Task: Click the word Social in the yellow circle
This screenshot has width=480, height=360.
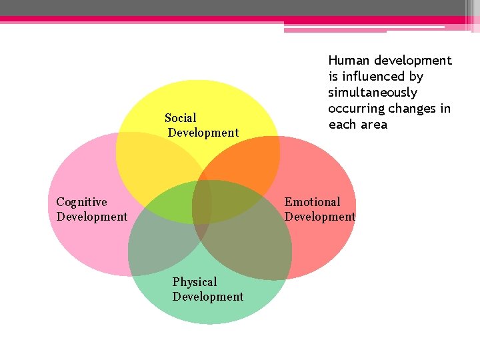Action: tap(181, 118)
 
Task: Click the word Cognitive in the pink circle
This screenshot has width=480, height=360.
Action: tap(81, 202)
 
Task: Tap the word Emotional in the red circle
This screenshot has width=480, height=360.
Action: tap(312, 202)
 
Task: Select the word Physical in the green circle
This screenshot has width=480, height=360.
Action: tap(195, 282)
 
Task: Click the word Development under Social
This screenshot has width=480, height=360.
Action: tap(203, 133)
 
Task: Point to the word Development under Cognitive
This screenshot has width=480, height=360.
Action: tap(92, 217)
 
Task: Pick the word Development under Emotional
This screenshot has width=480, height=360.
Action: tap(320, 217)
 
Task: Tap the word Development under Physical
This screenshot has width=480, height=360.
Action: tap(208, 297)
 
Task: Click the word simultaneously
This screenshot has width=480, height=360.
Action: tap(373, 93)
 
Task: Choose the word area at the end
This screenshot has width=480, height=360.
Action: tap(373, 125)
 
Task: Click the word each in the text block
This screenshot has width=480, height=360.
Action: tap(341, 125)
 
